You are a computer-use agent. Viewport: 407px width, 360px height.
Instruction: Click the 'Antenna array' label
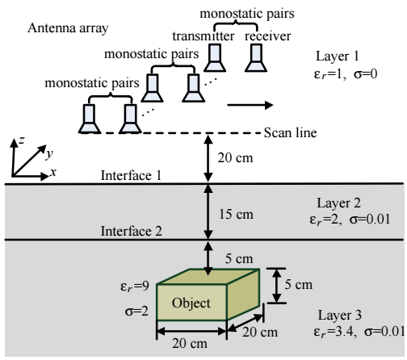(68, 28)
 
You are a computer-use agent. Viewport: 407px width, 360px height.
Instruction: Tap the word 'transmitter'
(203, 36)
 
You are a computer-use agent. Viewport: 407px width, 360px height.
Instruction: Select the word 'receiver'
(267, 36)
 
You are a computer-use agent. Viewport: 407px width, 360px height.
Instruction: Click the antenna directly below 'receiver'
(256, 58)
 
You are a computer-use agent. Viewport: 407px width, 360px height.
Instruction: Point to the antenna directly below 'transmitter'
(215, 58)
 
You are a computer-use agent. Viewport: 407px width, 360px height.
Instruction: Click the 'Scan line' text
(290, 132)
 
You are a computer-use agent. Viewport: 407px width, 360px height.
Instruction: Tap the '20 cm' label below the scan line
(235, 157)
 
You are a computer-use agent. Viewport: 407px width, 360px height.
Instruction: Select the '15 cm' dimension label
(236, 215)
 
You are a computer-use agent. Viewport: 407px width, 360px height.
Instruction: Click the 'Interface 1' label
(131, 175)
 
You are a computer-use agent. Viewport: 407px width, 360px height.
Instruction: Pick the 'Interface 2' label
(132, 231)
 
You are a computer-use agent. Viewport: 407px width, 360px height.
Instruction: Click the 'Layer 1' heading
(338, 57)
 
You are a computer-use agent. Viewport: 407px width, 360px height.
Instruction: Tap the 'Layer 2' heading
(338, 203)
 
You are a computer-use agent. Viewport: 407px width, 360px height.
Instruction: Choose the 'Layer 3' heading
(340, 316)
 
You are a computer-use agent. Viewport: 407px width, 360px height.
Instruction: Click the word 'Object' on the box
(191, 303)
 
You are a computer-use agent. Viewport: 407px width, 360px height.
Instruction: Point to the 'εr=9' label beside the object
(135, 287)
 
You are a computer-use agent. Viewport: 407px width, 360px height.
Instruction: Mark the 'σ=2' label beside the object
(136, 312)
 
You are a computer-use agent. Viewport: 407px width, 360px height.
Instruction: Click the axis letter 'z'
(22, 140)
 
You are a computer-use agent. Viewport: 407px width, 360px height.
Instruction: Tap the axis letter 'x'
(53, 172)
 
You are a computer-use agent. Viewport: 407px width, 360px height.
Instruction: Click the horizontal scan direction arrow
(250, 105)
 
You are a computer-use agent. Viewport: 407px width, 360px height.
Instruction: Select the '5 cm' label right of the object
(299, 285)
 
